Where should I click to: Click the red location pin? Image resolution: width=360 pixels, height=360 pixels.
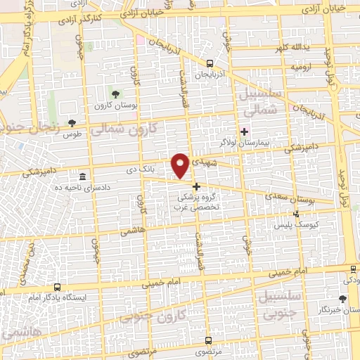(181, 165)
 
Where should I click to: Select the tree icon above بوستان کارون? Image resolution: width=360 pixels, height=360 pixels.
(115, 94)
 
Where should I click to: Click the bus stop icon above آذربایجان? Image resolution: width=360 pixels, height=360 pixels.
(210, 63)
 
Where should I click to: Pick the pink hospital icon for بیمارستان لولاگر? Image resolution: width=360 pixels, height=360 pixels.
(245, 131)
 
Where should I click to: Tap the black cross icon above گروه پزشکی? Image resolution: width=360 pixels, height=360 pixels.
(196, 187)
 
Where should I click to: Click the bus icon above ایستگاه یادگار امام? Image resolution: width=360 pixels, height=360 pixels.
(57, 288)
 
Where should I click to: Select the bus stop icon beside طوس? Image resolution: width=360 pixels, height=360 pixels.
(70, 124)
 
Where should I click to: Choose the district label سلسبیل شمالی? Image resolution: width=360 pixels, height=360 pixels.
(259, 102)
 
